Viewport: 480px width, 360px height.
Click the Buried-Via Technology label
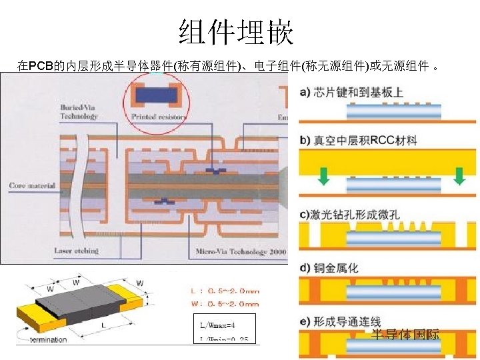pyautogui.click(x=79, y=111)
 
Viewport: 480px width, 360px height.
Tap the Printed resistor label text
pyautogui.click(x=158, y=117)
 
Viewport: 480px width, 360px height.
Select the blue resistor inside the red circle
pyautogui.click(x=157, y=96)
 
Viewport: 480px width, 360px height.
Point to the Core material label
pyautogui.click(x=32, y=185)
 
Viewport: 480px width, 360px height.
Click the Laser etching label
pyautogui.click(x=76, y=251)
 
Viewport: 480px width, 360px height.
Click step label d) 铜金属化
pyautogui.click(x=329, y=267)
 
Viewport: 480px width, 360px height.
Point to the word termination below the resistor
pyautogui.click(x=49, y=339)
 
